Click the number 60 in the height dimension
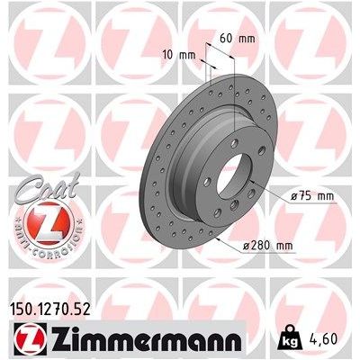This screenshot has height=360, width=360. coord(226,38)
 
